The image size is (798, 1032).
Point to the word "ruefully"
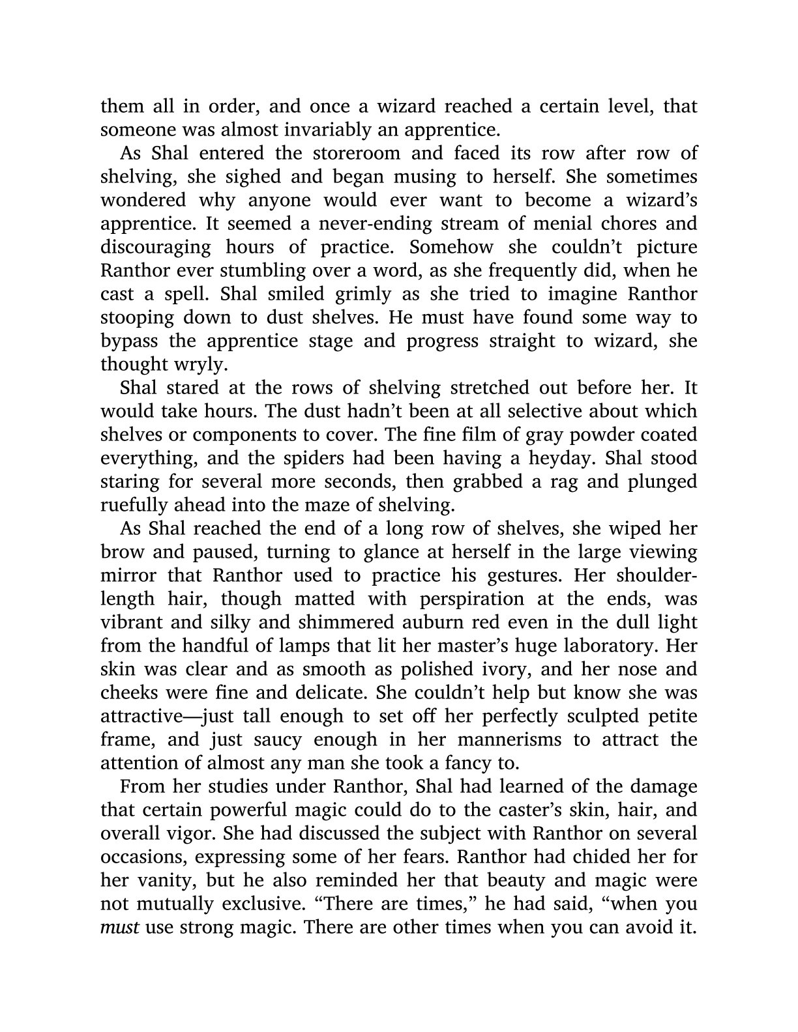coord(133,505)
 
